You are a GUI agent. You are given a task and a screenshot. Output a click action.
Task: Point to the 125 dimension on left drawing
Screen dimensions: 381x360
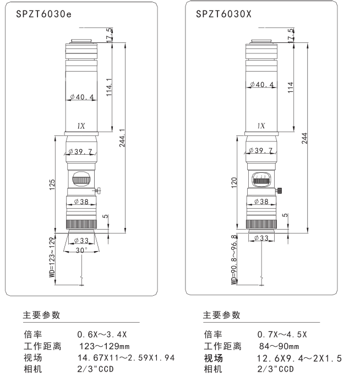click(x=51, y=183)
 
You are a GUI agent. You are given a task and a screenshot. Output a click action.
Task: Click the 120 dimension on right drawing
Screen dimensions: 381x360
click(x=233, y=183)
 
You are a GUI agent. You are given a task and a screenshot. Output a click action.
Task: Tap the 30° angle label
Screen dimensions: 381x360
click(x=81, y=250)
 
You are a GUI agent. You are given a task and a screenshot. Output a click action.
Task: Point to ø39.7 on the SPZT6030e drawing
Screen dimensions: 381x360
click(x=81, y=150)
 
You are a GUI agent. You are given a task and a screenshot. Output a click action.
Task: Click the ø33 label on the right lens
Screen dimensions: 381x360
click(x=261, y=237)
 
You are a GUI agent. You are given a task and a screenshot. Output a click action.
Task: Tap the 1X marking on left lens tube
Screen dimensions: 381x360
click(x=81, y=126)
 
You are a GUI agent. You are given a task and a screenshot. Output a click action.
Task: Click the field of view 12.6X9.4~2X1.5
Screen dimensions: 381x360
click(x=299, y=358)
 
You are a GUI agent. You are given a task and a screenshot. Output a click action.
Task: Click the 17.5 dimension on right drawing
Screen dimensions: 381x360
click(x=290, y=34)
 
